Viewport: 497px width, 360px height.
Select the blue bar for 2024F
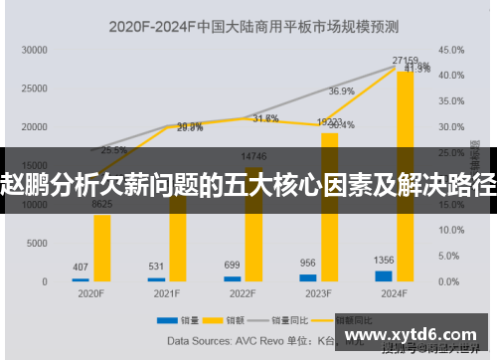pyautogui.click(x=383, y=275)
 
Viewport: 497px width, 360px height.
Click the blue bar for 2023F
pyautogui.click(x=307, y=277)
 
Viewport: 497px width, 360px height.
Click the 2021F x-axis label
pyautogui.click(x=166, y=293)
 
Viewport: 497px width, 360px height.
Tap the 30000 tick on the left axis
pyautogui.click(x=34, y=49)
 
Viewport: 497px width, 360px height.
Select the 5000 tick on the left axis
pyautogui.click(x=37, y=243)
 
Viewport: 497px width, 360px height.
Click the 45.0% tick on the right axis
pyautogui.click(x=451, y=49)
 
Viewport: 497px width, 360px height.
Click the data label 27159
pyautogui.click(x=406, y=61)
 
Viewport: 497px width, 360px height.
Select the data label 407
pyautogui.click(x=81, y=267)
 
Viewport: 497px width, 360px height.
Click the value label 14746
pyautogui.click(x=254, y=156)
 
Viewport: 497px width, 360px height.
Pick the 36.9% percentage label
pyautogui.click(x=341, y=90)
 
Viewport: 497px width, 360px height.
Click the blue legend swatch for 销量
pyautogui.click(x=162, y=320)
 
